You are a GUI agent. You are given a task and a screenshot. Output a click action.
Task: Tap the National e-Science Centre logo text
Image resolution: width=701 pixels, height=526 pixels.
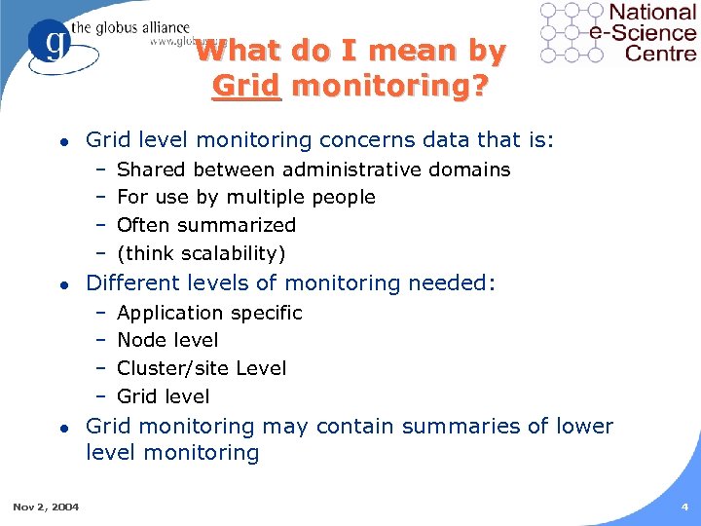(651, 31)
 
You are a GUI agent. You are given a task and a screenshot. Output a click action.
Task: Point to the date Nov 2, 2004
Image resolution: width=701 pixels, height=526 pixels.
(46, 507)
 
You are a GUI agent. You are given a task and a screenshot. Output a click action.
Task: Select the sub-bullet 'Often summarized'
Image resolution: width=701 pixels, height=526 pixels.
(205, 225)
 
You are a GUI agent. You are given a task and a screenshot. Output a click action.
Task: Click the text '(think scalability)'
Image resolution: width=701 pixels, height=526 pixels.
(201, 254)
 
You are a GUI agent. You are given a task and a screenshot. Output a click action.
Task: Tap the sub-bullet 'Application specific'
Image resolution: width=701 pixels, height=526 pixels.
(209, 313)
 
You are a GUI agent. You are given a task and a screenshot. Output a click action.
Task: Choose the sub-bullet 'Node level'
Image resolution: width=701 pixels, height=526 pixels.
(167, 340)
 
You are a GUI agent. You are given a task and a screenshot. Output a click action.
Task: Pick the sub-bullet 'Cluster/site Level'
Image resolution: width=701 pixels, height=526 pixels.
(202, 368)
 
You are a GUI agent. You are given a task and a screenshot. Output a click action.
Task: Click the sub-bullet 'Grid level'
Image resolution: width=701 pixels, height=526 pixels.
(163, 396)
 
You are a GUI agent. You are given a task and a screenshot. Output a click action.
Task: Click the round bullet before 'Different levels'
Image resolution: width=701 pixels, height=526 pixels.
(62, 284)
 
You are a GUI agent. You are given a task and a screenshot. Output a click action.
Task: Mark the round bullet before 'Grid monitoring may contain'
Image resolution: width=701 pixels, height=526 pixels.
(62, 428)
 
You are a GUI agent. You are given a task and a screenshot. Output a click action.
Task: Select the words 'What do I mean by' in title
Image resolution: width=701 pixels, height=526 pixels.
(350, 51)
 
